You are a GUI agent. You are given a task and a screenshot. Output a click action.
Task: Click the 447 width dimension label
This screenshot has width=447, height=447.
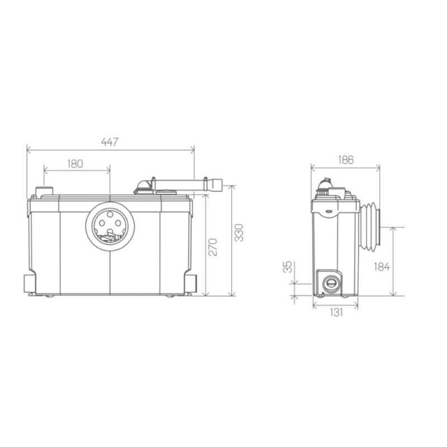tap(110, 142)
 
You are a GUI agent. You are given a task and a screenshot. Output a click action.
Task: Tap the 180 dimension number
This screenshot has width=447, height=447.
tap(75, 164)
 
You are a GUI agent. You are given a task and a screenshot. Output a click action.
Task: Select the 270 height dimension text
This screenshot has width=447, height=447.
tap(213, 247)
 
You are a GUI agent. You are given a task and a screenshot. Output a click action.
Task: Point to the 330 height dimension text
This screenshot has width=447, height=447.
tap(239, 232)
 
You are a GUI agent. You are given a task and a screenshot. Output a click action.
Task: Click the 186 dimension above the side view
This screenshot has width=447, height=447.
tap(346, 160)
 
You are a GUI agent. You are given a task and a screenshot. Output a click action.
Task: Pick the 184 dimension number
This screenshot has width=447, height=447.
tap(382, 267)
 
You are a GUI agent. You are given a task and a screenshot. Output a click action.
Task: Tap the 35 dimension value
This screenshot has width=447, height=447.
tap(288, 267)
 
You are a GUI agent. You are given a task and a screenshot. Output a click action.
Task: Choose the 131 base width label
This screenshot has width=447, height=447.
tap(336, 312)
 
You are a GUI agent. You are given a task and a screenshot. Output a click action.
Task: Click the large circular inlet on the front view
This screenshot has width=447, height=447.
tap(110, 227)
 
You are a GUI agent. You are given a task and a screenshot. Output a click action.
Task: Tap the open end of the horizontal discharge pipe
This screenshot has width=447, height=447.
tap(217, 186)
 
